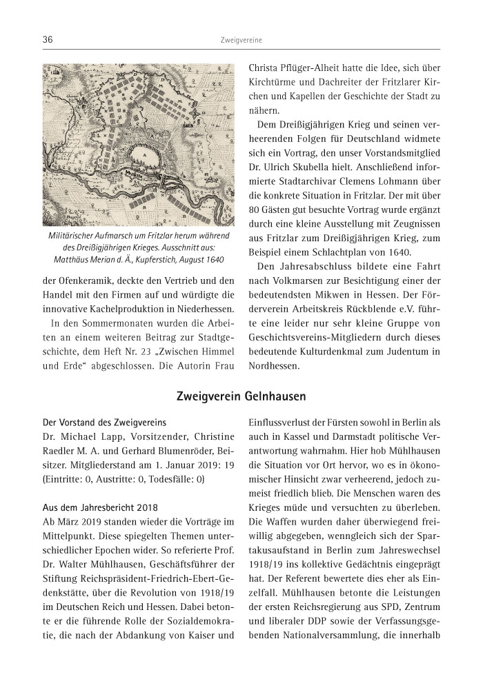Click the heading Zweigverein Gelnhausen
[241, 397]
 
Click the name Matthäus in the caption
[72, 260]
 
